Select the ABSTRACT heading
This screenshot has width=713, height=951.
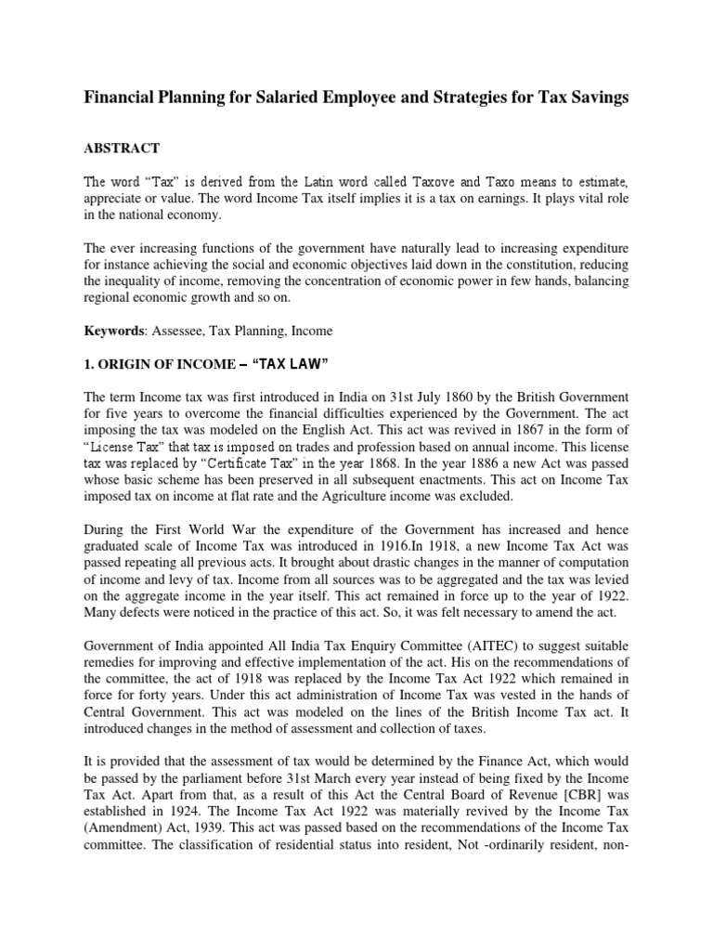[123, 148]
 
